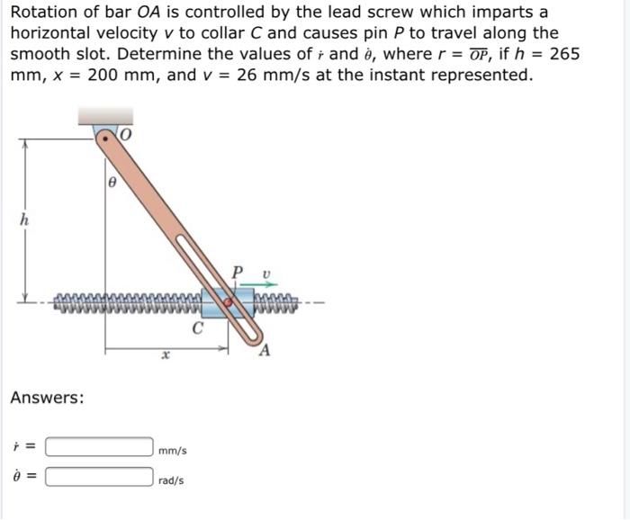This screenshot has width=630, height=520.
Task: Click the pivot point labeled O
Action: pos(106,138)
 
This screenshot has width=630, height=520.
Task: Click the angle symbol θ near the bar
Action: pos(112,181)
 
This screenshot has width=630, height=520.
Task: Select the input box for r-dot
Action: pos(99,447)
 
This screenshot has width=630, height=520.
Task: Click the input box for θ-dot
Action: pos(99,476)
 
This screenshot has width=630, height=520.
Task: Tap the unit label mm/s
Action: pos(173,451)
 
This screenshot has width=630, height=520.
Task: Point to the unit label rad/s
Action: pos(171,480)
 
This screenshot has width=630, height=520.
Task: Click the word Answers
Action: pos(48,397)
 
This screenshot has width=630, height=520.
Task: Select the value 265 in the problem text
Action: pos(564,54)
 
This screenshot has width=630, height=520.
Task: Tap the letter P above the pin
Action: pos(238,271)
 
